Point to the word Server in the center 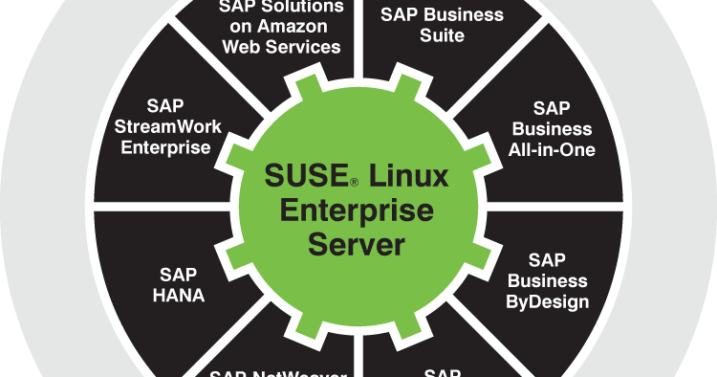click(356, 243)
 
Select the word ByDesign click(548, 302)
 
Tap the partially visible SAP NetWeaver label click(277, 372)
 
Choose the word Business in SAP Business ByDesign click(548, 281)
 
